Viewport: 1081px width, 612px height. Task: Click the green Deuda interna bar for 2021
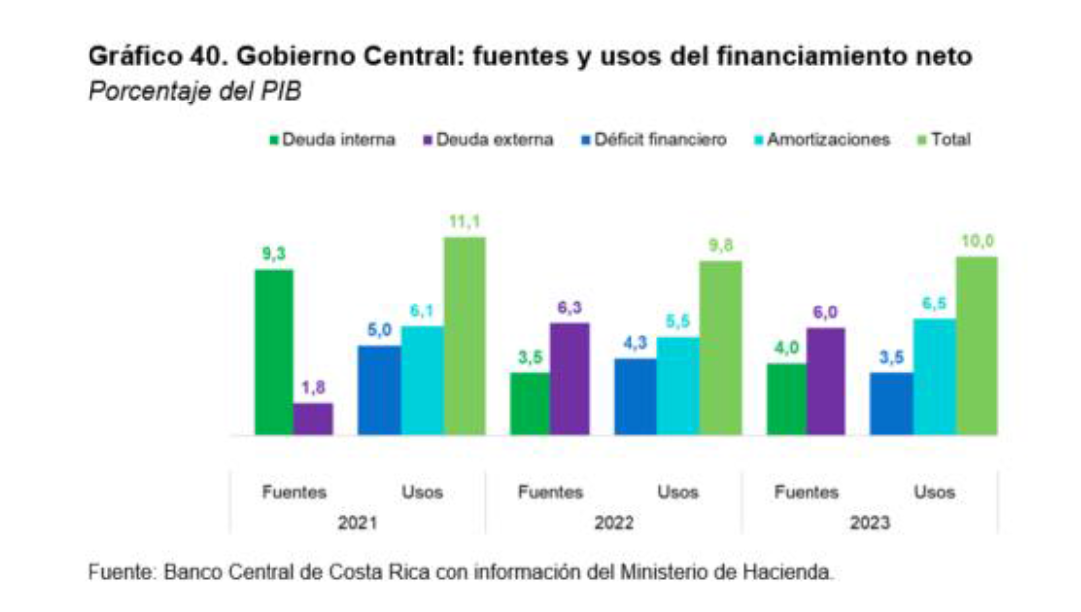tap(273, 352)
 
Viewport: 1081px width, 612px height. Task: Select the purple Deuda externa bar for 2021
tap(314, 419)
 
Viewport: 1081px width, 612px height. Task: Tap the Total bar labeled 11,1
tap(464, 335)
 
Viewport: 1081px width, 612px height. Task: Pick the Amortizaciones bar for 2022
tap(677, 386)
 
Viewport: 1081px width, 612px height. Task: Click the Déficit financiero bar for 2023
tap(891, 403)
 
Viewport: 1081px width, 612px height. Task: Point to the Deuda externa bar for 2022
tap(569, 379)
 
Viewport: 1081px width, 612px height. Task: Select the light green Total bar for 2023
tap(977, 345)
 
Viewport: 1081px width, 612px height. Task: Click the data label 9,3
tap(273, 255)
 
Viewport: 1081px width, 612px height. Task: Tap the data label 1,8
tap(314, 388)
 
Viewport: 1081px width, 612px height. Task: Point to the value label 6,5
tap(934, 305)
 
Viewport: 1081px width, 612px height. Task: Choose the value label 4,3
tap(634, 343)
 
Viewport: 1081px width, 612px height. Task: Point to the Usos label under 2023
tap(934, 492)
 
